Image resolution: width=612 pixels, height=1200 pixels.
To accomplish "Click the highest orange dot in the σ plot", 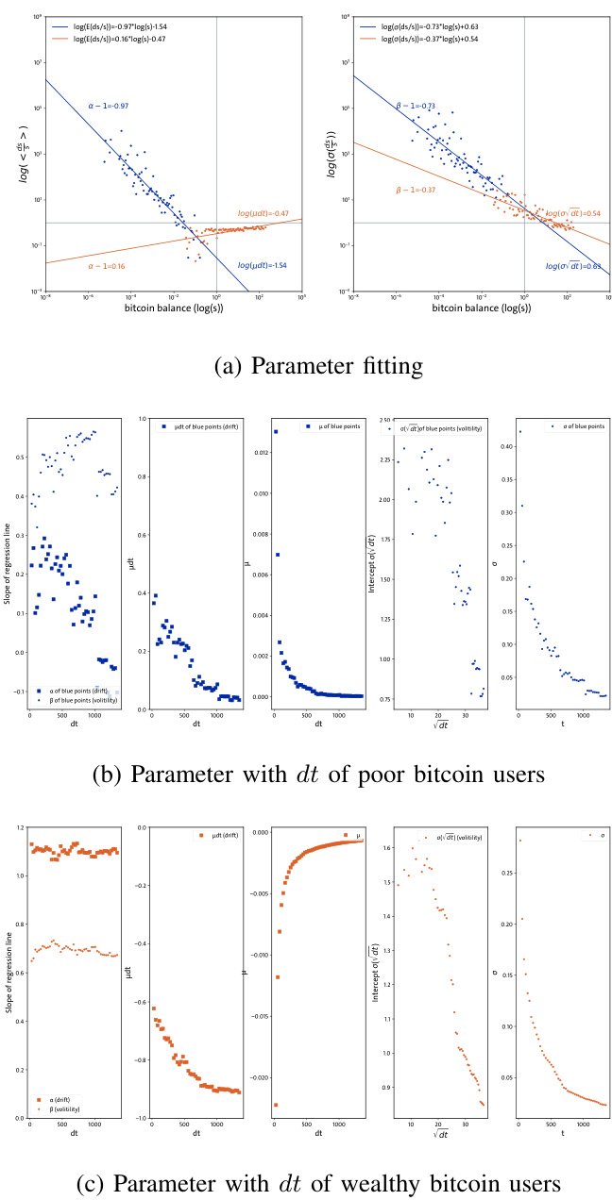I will tap(518, 841).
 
